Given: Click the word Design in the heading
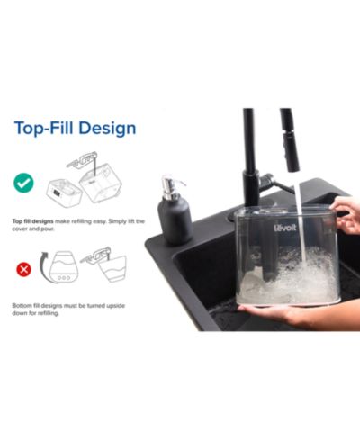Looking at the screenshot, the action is point(107,129).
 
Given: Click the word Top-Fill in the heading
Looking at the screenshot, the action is point(44,128).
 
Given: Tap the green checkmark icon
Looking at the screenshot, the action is point(23,183).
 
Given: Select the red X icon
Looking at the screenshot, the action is point(23,269).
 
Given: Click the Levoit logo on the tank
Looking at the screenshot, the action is point(285,228).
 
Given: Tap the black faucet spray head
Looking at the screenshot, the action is point(290,140).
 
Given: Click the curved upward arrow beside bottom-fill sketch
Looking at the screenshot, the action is point(43,268).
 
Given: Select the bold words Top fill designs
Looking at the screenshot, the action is point(32,221).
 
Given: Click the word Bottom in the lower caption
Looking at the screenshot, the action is point(21,306).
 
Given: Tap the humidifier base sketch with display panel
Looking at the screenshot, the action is point(64,193).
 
